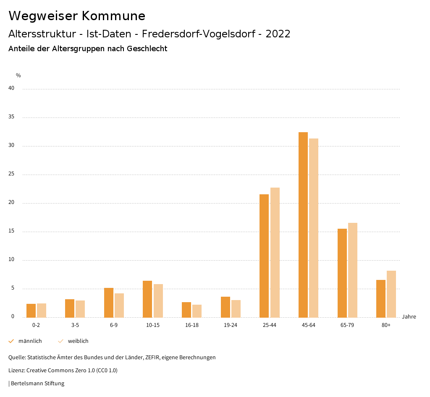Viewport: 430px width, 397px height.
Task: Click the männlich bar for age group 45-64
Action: [x=303, y=225]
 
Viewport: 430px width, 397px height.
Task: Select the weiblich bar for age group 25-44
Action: [x=275, y=252]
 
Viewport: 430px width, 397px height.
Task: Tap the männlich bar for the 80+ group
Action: [x=381, y=298]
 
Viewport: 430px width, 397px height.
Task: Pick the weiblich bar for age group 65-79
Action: [x=353, y=270]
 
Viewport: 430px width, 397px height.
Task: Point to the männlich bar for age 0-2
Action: [x=31, y=311]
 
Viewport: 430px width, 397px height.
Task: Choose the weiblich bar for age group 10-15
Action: [x=158, y=300]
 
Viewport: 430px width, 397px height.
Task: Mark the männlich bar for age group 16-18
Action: [x=186, y=310]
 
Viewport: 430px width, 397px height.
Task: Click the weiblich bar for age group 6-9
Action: [x=119, y=305]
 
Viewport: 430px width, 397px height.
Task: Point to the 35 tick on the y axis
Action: [x=11, y=117]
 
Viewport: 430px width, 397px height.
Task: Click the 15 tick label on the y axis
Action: [x=11, y=231]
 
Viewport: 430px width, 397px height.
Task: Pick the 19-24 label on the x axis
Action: [x=231, y=325]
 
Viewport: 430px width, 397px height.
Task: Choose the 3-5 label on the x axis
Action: [x=75, y=325]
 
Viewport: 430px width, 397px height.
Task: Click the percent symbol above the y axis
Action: [x=18, y=76]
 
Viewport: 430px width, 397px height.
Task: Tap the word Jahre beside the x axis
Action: [x=409, y=317]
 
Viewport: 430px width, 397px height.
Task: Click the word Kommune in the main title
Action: [x=113, y=16]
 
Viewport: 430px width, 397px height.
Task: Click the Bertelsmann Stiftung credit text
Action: [x=37, y=384]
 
